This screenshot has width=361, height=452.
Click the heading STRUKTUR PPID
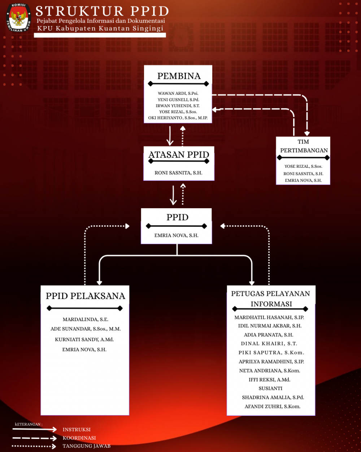102,11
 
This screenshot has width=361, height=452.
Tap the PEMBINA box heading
179,76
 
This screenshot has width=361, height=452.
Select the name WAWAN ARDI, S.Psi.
178,93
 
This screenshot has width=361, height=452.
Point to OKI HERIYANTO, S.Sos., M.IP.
178,118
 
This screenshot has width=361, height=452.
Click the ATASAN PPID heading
179,155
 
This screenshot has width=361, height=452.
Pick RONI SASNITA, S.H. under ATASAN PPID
178,173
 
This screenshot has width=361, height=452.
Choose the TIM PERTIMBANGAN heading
304,146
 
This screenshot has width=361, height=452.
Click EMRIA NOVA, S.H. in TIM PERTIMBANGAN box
303,180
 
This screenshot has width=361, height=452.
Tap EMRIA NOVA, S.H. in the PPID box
177,235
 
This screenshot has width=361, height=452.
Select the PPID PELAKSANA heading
86,296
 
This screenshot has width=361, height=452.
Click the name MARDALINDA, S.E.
86,320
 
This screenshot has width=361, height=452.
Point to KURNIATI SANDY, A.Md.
84,340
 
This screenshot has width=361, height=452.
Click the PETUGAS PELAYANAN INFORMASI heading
271,299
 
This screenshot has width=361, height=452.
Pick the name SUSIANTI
270,388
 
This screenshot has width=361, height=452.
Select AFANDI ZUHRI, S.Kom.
273,406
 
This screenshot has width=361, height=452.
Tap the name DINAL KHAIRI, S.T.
269,344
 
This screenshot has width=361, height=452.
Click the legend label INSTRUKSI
77,430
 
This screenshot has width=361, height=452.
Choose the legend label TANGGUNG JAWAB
87,446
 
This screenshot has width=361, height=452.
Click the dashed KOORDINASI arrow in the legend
35,438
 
